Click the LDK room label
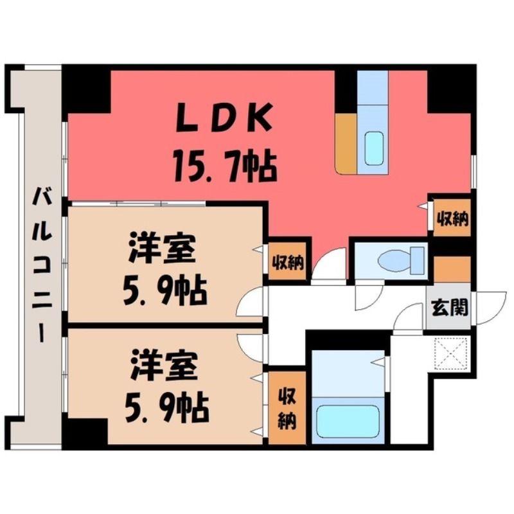pos(224,117)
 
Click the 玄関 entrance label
pos(450,307)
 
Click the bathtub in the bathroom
pos(348,421)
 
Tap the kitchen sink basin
pos(374,148)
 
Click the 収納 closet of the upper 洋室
pos(287,261)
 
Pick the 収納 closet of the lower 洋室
pos(287,408)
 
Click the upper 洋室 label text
pos(163,247)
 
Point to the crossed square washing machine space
pos(450,354)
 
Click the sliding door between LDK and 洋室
pos(137,204)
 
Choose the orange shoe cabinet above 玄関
pos(452,269)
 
